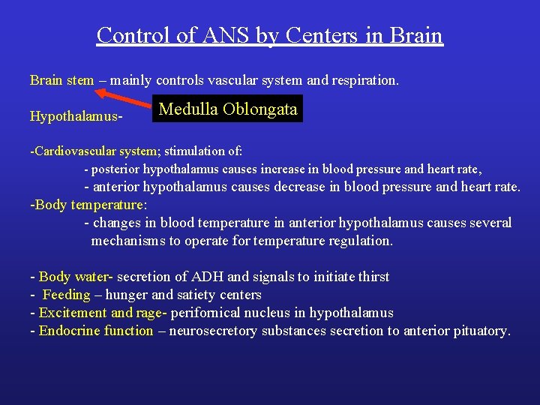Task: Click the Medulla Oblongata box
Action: (x=228, y=109)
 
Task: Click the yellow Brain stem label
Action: (x=61, y=80)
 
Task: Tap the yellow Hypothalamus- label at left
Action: (x=76, y=116)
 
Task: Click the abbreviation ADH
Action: (x=223, y=277)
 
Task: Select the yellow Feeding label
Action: (x=67, y=295)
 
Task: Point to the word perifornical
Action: (x=214, y=313)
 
